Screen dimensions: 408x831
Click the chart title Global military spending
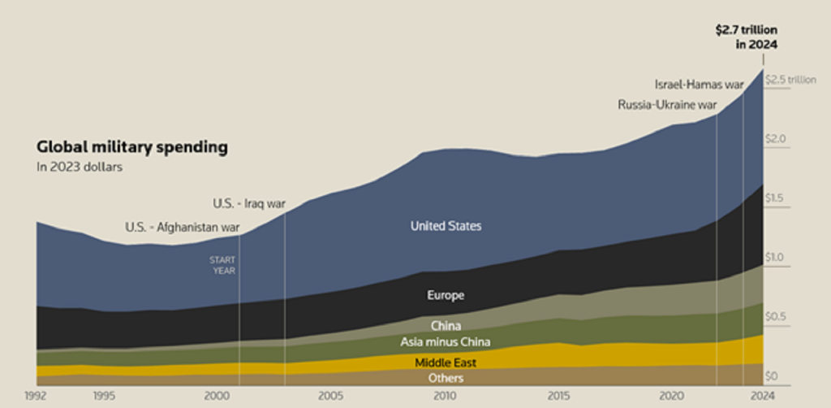click(131, 148)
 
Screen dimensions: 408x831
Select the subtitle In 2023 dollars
click(79, 167)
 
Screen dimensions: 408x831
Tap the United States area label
click(446, 226)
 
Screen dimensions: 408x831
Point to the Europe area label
click(446, 295)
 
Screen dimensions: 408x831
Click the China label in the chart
click(446, 326)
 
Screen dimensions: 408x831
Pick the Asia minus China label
click(446, 342)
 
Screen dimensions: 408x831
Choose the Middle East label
click(446, 362)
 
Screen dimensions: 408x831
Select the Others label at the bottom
click(446, 379)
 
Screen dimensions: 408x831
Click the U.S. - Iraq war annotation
click(249, 203)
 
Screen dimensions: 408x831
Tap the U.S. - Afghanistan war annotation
click(183, 228)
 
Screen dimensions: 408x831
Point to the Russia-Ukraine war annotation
click(667, 105)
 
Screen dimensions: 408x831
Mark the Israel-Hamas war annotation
click(699, 85)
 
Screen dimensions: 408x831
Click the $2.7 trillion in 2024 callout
click(746, 37)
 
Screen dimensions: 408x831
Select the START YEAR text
click(223, 265)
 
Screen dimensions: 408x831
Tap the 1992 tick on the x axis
click(36, 397)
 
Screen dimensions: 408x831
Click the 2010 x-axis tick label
click(444, 397)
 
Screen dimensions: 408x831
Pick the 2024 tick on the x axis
click(763, 397)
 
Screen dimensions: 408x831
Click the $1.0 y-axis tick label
click(777, 258)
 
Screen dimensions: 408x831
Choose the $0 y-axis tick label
click(773, 376)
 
